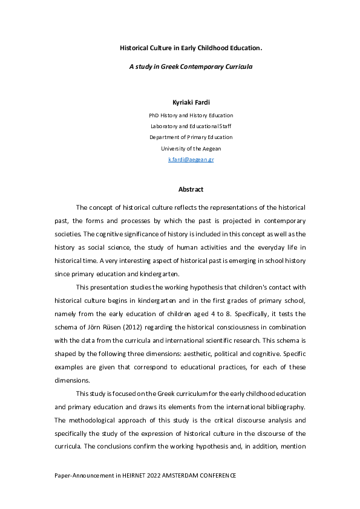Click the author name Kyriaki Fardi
pyautogui.click(x=191, y=103)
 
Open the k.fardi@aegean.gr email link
pyautogui.click(x=191, y=160)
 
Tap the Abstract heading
pyautogui.click(x=191, y=189)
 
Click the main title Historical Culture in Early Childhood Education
pyautogui.click(x=191, y=47)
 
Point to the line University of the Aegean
pyautogui.click(x=191, y=148)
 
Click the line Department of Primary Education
pyautogui.click(x=191, y=137)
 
